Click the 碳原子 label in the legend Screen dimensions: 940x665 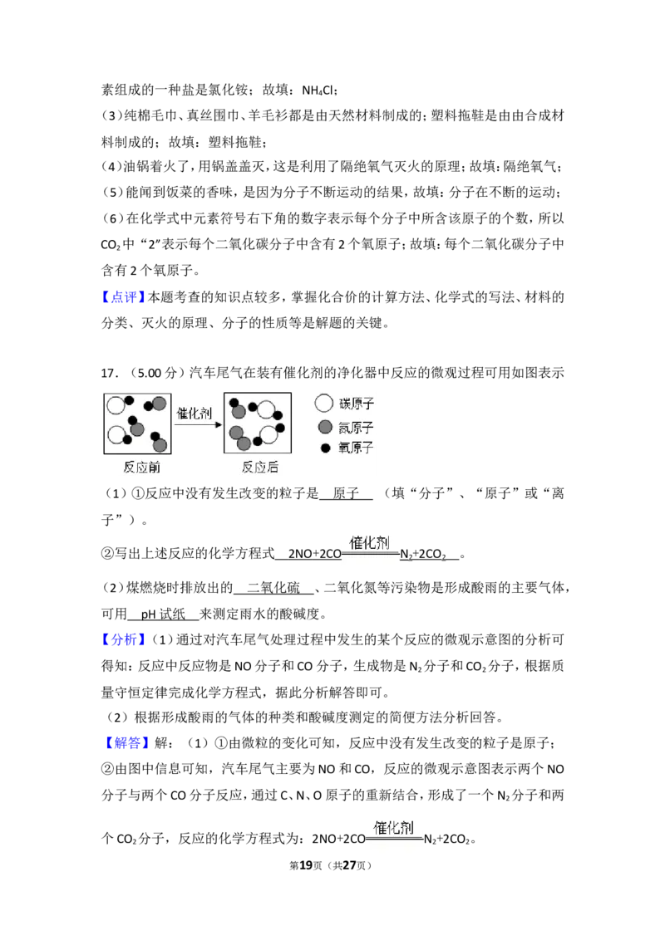click(x=356, y=404)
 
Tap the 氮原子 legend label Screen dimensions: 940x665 click(x=356, y=427)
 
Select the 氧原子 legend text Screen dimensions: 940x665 click(x=356, y=448)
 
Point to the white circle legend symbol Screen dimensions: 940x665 click(x=324, y=404)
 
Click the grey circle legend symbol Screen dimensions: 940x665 click(x=325, y=427)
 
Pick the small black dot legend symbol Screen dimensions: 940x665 click(x=326, y=448)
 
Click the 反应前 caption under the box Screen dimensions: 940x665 click(x=141, y=467)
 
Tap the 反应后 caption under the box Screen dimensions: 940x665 click(x=259, y=467)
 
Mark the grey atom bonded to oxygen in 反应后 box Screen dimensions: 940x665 click(x=239, y=411)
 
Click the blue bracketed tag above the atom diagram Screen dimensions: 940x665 click(x=123, y=296)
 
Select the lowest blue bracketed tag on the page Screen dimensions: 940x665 click(x=130, y=742)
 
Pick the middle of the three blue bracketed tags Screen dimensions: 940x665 click(x=123, y=640)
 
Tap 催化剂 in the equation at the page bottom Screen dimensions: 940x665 click(x=393, y=827)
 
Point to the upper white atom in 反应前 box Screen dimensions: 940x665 click(x=116, y=405)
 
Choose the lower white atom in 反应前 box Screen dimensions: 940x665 click(x=116, y=434)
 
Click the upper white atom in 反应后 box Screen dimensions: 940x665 click(x=266, y=409)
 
